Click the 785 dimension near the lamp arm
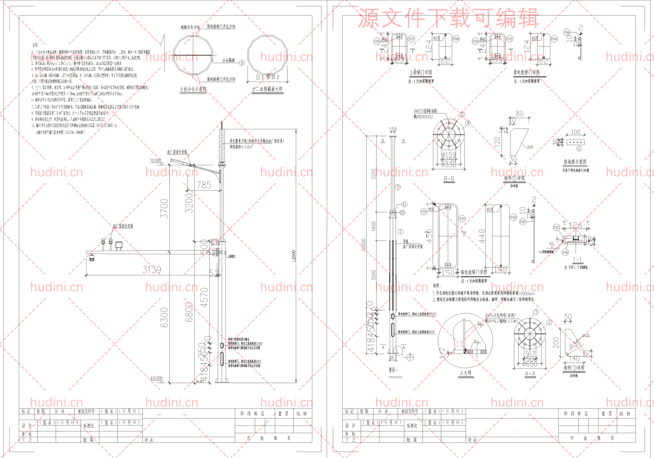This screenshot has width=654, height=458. [x=204, y=185]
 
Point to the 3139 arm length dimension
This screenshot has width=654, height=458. [x=151, y=270]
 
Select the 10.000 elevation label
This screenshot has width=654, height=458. [x=156, y=161]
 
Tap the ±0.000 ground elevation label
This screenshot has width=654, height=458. [x=156, y=378]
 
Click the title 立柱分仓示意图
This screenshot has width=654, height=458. [x=193, y=89]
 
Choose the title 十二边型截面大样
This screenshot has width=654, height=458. [x=267, y=89]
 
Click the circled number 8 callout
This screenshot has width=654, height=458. [x=242, y=63]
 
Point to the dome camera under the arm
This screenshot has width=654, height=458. [x=92, y=258]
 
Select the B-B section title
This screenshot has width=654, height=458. [x=449, y=179]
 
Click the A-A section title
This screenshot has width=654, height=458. [x=530, y=374]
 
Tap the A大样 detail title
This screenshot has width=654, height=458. [x=466, y=373]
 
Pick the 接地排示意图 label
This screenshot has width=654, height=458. [x=575, y=162]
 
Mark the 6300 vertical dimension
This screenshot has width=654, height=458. [x=164, y=317]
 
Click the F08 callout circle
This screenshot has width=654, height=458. [x=456, y=39]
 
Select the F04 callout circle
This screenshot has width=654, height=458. [x=554, y=39]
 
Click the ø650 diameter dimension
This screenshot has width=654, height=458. [x=530, y=364]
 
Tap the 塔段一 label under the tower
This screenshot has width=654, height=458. [x=393, y=370]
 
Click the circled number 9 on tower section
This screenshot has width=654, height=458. [x=398, y=187]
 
